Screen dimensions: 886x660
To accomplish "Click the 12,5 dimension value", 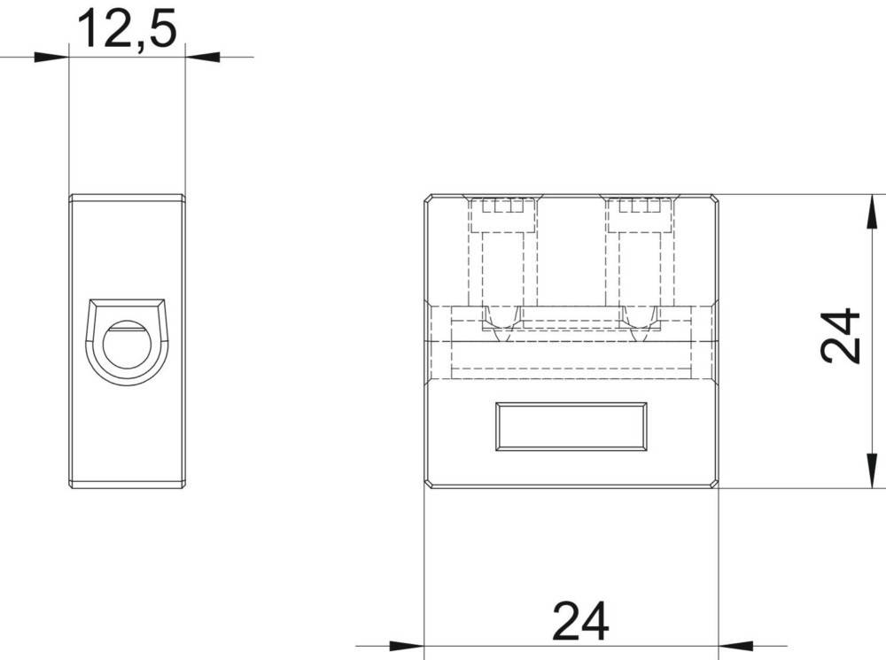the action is coord(128,29).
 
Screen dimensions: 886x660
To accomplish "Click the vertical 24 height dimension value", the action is coord(840,336).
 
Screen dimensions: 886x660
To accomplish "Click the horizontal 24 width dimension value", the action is coord(580,621).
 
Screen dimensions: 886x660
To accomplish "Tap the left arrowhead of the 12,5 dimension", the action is coord(51,57).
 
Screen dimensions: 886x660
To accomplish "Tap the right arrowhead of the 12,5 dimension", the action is coord(202,57).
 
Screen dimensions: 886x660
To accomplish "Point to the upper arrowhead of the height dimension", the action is coord(873,212).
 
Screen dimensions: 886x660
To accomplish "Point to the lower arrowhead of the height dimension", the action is coord(873,470).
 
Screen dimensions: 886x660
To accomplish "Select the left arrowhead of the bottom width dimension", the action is coord(407,645).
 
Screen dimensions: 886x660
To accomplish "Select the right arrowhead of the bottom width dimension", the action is coord(735,645).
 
